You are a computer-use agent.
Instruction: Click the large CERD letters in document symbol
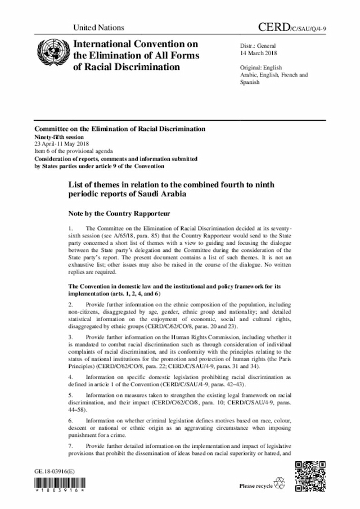[276, 27]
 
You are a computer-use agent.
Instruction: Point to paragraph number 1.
[71, 228]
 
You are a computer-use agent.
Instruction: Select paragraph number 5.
[71, 395]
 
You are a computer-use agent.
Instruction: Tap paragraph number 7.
[71, 446]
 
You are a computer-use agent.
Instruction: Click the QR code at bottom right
[311, 476]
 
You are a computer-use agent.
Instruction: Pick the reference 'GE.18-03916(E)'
[56, 469]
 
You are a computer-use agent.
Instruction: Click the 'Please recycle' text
[256, 485]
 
